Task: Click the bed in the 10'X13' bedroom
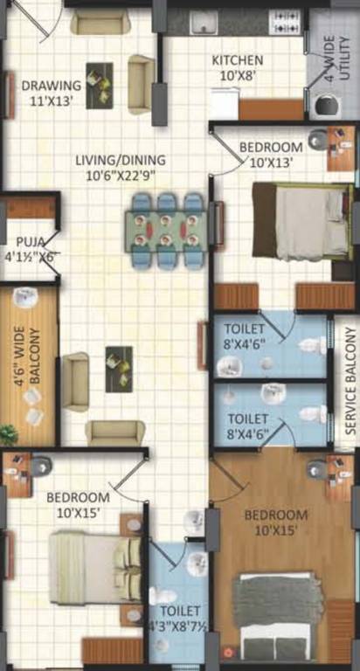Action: pos(301,221)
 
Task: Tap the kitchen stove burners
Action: pos(285,18)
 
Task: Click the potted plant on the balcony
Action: pos(8,432)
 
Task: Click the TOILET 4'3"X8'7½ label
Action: pos(177,619)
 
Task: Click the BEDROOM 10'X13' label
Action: pos(271,154)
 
